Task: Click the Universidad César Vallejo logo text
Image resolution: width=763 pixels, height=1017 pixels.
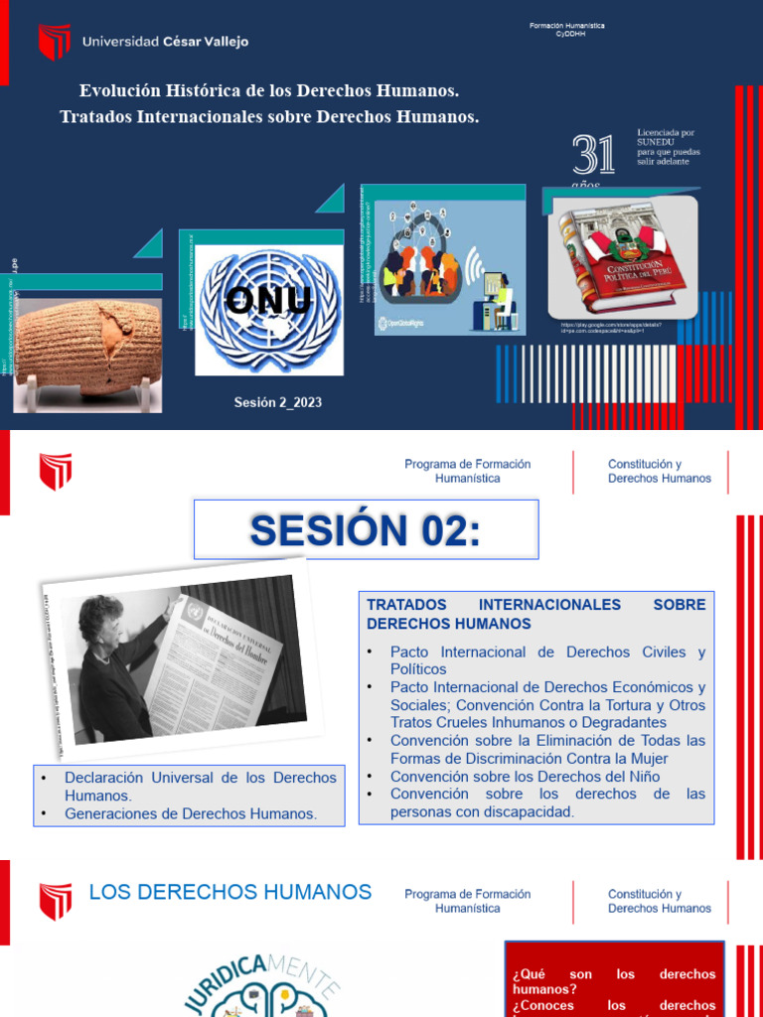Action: tap(165, 42)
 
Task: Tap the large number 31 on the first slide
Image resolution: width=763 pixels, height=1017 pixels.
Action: tap(593, 156)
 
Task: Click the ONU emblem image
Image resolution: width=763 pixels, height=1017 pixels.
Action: tap(269, 310)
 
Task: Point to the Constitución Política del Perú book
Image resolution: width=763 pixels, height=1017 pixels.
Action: tap(622, 259)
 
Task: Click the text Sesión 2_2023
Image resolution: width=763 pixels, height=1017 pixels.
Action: tap(278, 402)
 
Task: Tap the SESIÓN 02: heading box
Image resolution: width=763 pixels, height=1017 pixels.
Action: tap(366, 529)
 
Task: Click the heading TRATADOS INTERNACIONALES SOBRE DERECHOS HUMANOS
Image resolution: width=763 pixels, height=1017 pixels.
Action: tap(536, 614)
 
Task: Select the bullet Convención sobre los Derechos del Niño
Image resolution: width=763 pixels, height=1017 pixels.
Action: tap(525, 777)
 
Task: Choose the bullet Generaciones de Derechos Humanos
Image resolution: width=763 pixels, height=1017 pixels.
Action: tap(191, 813)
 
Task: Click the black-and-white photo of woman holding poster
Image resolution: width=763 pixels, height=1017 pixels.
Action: tap(175, 661)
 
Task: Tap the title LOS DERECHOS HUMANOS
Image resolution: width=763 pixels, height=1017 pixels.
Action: tap(230, 892)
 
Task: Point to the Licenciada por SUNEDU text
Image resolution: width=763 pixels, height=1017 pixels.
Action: tap(668, 146)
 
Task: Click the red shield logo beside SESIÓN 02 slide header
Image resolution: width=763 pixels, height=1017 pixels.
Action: tap(56, 472)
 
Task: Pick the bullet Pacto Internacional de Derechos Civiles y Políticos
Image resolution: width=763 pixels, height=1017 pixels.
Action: tap(547, 660)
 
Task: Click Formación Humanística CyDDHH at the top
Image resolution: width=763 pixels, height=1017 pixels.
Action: tap(566, 28)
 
